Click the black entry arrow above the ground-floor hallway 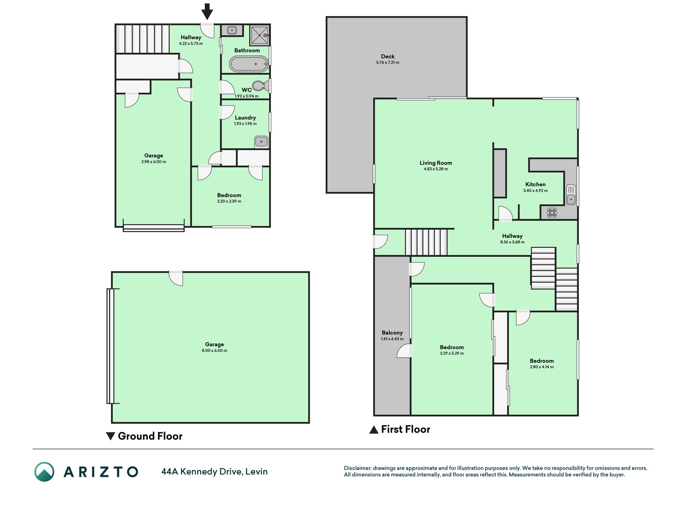(207, 11)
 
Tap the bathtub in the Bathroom (249, 64)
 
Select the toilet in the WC (261, 86)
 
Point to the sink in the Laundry (261, 142)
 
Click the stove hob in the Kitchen (552, 212)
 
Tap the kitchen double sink (571, 195)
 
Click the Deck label (388, 56)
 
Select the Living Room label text (436, 163)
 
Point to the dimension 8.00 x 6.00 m (214, 351)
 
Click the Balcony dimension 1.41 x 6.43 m (392, 339)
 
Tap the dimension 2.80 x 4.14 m (542, 367)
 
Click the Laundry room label (245, 118)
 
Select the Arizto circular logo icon (44, 472)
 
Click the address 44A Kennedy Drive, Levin (214, 472)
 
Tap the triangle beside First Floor (374, 430)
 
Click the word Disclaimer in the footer (357, 468)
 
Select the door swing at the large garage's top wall (176, 278)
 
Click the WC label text (247, 90)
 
